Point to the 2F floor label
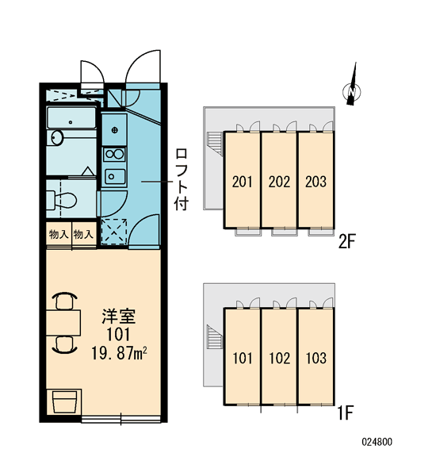point(346,242)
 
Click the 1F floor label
point(346,413)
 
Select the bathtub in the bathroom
point(71,117)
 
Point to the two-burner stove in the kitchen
point(114,155)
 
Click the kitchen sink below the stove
point(115,176)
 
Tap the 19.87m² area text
point(119,353)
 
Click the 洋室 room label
point(118,317)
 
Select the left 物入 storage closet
point(59,234)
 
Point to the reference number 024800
point(377,442)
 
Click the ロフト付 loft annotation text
point(181,179)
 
